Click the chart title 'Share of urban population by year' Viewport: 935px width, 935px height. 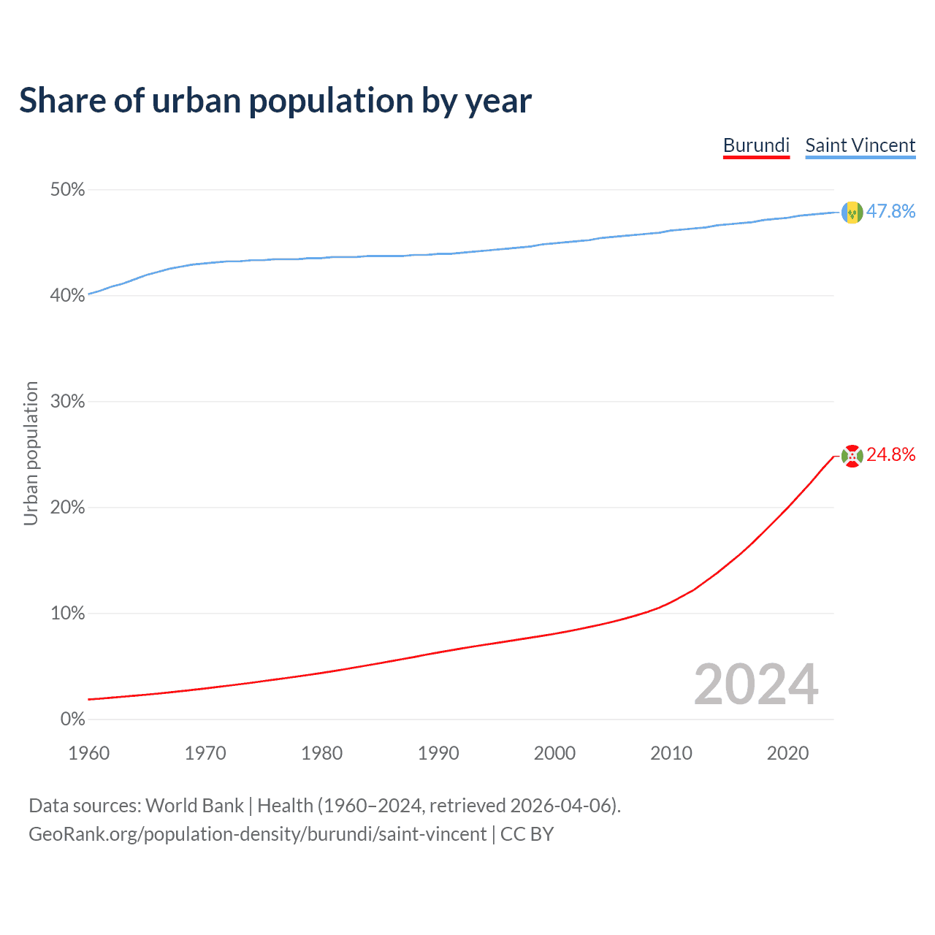[x=275, y=101]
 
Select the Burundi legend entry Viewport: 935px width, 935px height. [x=756, y=145]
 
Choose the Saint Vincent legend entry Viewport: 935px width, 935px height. [x=860, y=145]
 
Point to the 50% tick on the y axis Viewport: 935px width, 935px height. [x=67, y=190]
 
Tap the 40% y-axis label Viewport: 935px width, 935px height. [x=67, y=296]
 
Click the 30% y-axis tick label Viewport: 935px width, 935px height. [x=67, y=402]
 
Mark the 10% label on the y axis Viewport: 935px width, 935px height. [x=67, y=614]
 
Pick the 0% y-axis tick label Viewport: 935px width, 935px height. [x=72, y=720]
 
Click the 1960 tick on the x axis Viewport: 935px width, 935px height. [x=88, y=753]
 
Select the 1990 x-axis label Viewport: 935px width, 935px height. [x=438, y=753]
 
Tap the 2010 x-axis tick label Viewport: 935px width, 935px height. [x=671, y=753]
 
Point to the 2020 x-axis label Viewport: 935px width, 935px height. [x=787, y=753]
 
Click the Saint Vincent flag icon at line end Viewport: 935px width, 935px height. [x=852, y=212]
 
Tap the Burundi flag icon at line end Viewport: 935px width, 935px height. [x=852, y=456]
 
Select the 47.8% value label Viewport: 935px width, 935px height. [x=890, y=212]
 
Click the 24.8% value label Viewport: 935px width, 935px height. [x=890, y=455]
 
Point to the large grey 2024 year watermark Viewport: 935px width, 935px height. [x=756, y=684]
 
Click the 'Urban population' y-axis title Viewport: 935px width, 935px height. [x=31, y=453]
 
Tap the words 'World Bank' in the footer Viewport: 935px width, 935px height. [x=194, y=806]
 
